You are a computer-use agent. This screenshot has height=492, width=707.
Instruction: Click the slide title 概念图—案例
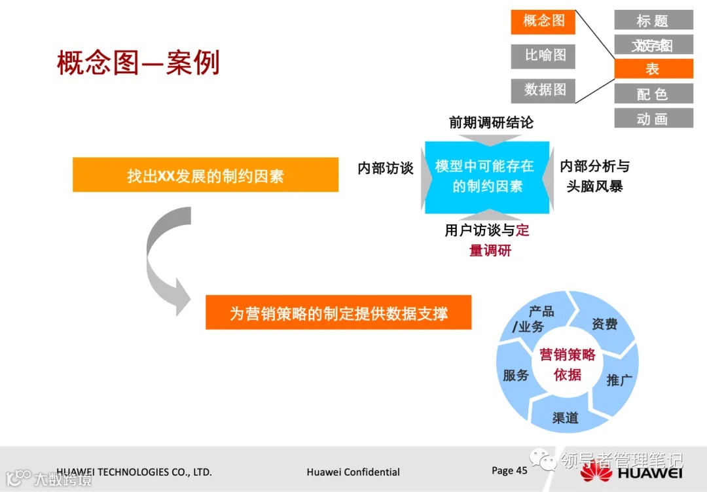138,63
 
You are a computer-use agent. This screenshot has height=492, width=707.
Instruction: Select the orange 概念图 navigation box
543,22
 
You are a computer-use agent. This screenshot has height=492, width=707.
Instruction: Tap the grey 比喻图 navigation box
543,56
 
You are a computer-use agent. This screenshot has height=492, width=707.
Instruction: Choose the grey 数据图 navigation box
543,90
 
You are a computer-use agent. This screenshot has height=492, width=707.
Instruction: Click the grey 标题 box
653,20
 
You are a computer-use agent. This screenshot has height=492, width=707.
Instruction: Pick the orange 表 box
653,69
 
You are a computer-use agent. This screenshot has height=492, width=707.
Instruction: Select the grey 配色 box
653,94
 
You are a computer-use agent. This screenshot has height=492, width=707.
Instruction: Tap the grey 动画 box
653,118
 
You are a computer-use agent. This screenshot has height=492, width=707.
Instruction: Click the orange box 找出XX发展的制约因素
205,175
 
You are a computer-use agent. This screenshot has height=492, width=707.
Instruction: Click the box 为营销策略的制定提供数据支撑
338,312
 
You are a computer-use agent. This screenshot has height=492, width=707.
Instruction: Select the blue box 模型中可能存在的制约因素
486,177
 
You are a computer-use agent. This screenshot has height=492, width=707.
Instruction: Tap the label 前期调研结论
490,123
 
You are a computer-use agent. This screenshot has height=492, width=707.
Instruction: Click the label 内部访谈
385,169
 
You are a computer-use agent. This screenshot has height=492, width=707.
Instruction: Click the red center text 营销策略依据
567,364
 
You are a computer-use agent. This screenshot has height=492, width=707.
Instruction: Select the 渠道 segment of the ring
564,417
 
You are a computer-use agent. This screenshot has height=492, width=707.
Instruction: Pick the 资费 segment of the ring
604,324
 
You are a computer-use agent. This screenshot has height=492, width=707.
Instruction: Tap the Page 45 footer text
509,470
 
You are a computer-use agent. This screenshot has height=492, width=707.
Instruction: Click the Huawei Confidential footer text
353,472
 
